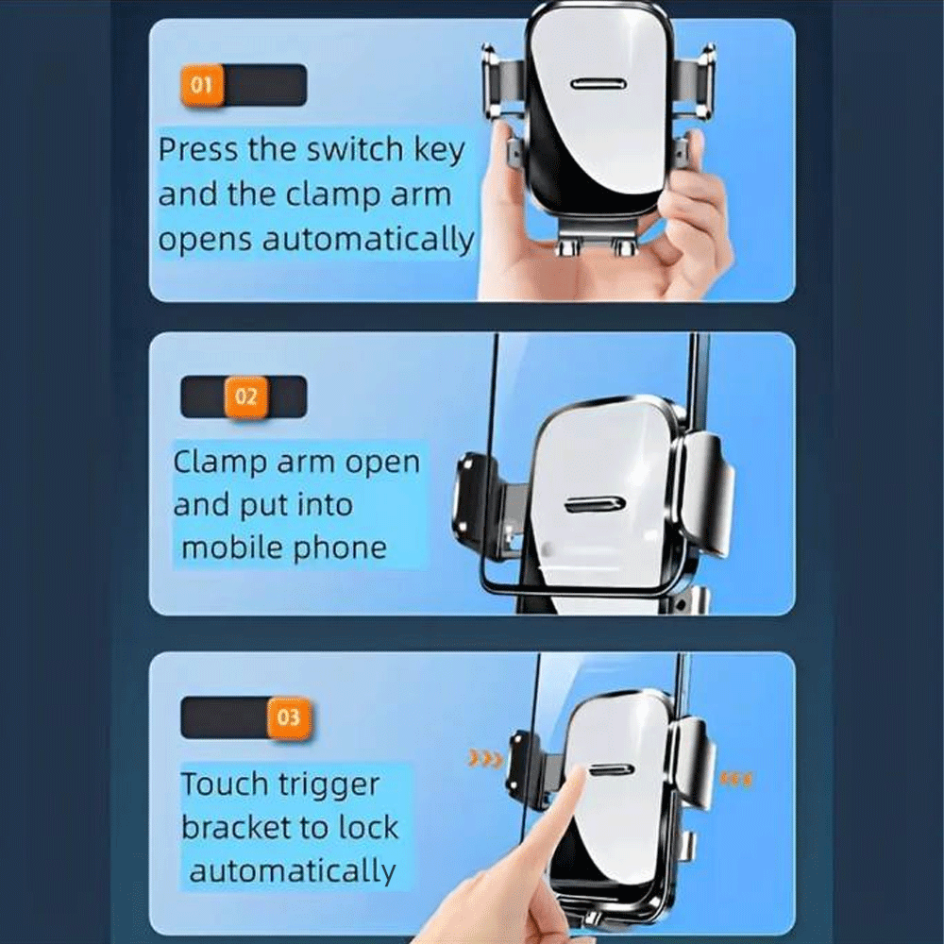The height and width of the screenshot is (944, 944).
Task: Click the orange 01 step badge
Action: tap(202, 85)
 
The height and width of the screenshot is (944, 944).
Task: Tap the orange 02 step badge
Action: tap(245, 396)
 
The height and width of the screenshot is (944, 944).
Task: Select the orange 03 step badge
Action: tap(288, 717)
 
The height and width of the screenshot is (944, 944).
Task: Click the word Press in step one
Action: tap(198, 149)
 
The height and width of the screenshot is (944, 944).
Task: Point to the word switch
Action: tap(355, 148)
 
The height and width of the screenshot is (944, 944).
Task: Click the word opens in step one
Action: tap(205, 240)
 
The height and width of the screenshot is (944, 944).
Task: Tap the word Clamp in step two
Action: tap(220, 463)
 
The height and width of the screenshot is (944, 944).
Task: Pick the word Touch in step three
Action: tap(225, 784)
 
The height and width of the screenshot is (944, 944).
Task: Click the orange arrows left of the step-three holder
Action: tap(485, 760)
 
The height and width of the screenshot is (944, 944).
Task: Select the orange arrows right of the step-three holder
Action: tap(735, 781)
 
